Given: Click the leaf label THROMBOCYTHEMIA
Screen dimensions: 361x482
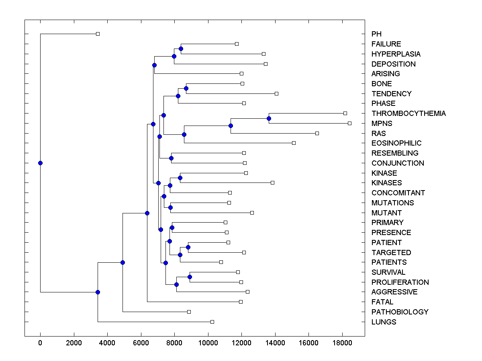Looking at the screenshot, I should coord(408,114).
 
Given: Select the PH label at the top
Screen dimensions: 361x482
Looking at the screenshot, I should coord(376,34).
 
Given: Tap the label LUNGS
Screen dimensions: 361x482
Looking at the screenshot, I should coord(384,322).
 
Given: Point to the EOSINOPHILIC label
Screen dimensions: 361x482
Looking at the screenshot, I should coord(396,143).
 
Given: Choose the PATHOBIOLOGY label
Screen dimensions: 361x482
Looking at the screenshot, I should coord(400,312).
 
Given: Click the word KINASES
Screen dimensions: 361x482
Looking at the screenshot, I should coord(386,183).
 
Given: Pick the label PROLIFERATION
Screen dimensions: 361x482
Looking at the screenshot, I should coord(400,282).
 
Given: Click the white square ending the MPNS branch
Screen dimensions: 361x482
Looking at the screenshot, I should coord(349,123).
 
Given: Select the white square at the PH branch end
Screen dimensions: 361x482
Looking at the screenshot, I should coord(98,34).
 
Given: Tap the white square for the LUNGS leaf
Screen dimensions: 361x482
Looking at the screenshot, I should coord(212,322).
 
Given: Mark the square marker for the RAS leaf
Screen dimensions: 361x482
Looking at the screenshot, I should coord(317,133).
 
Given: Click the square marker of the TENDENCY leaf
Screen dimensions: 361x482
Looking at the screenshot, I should coord(276,93).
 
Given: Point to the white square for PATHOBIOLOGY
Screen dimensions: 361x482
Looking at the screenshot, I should coord(189,312).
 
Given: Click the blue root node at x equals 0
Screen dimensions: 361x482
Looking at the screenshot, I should coord(40,163).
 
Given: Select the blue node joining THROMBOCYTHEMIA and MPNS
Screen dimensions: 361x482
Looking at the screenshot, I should coord(269,118).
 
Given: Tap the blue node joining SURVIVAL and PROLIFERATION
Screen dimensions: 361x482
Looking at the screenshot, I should coord(190,277).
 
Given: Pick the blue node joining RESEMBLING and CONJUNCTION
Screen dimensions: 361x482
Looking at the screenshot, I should coord(171,158).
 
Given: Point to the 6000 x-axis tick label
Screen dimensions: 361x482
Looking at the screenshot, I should coord(141,342).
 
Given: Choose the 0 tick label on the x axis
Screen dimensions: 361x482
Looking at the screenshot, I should coord(40,342).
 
